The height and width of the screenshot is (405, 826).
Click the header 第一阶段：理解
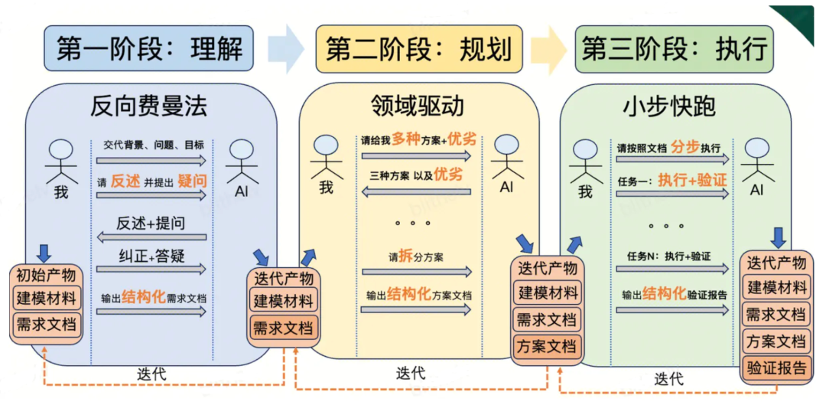point(150,48)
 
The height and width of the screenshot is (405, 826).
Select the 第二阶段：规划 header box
point(418,48)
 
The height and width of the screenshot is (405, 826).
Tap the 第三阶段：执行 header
point(674,48)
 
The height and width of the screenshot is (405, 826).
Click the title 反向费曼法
point(148,106)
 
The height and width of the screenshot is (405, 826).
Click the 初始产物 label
point(46,275)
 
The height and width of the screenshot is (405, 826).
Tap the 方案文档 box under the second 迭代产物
point(546,346)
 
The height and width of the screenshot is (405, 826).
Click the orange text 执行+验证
point(691,181)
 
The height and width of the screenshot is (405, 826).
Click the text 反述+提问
point(151,224)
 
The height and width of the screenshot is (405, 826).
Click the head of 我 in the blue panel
point(61,146)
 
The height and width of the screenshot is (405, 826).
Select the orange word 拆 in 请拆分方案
point(405,256)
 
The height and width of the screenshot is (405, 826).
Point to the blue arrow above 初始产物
point(44,253)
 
